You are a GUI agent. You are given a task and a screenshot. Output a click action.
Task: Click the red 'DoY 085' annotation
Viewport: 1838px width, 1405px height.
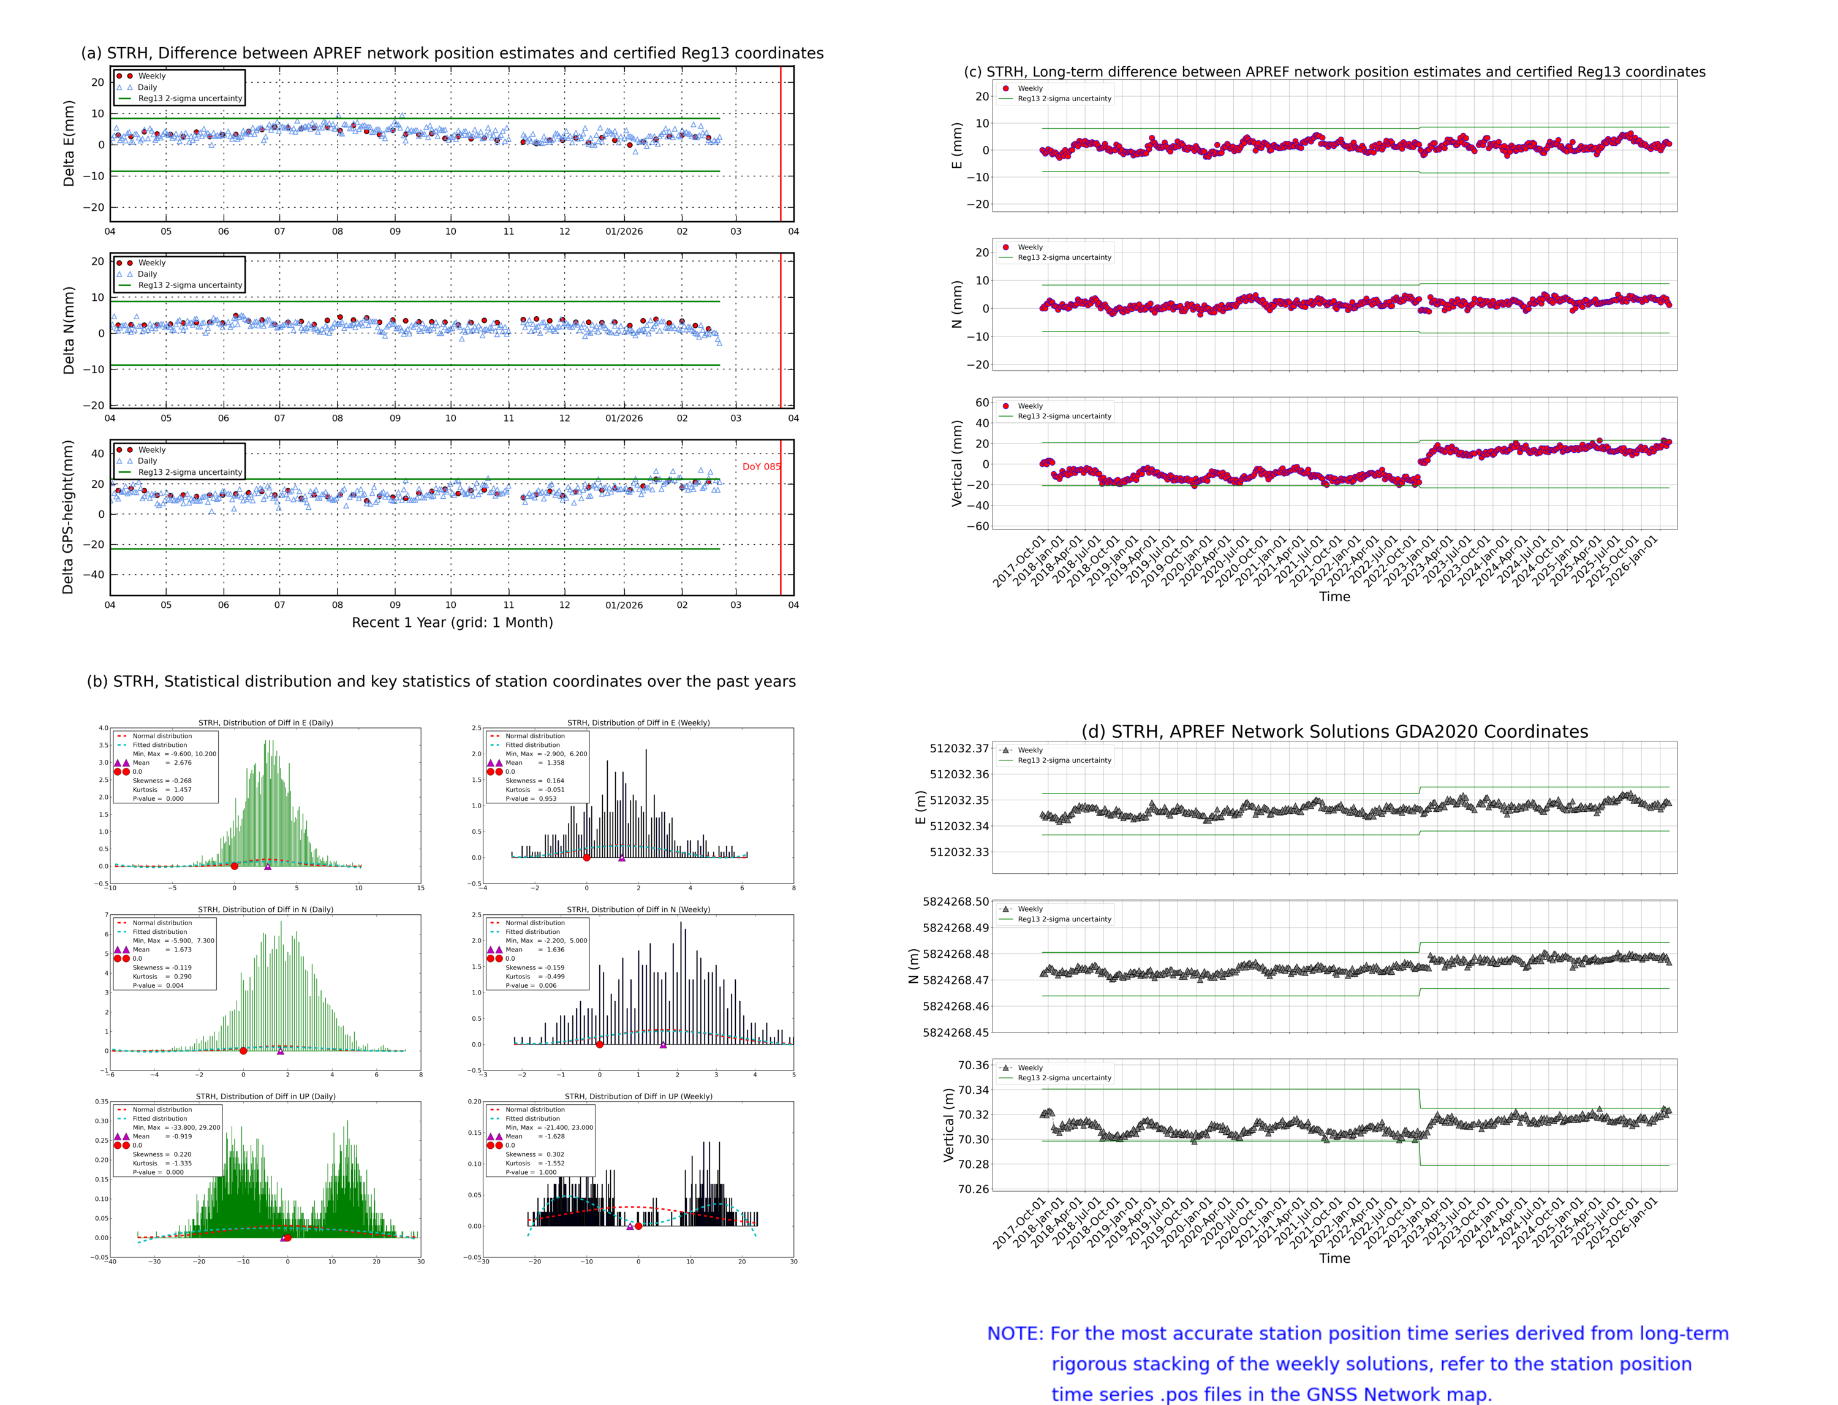coord(760,467)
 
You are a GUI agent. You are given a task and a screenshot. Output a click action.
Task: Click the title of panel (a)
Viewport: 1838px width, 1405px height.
coord(452,53)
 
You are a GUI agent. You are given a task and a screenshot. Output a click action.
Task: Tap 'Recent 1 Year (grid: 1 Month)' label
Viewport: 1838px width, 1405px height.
coord(452,622)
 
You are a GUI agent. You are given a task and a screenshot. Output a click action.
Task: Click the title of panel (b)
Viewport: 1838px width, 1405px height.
coord(441,681)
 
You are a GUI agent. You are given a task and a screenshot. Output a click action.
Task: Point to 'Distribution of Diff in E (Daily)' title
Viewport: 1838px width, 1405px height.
coord(265,722)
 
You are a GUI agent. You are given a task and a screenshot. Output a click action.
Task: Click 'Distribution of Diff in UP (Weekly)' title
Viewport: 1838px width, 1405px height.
coord(638,1096)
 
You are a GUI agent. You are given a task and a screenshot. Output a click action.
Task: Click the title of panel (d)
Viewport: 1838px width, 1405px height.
coord(1334,732)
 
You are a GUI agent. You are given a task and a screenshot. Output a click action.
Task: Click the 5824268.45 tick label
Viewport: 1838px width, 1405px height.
coord(955,1032)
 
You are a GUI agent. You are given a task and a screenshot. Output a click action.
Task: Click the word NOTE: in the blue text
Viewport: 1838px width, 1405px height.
coord(1015,1334)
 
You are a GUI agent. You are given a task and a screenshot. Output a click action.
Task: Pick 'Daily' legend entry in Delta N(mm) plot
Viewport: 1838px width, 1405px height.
coord(147,275)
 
